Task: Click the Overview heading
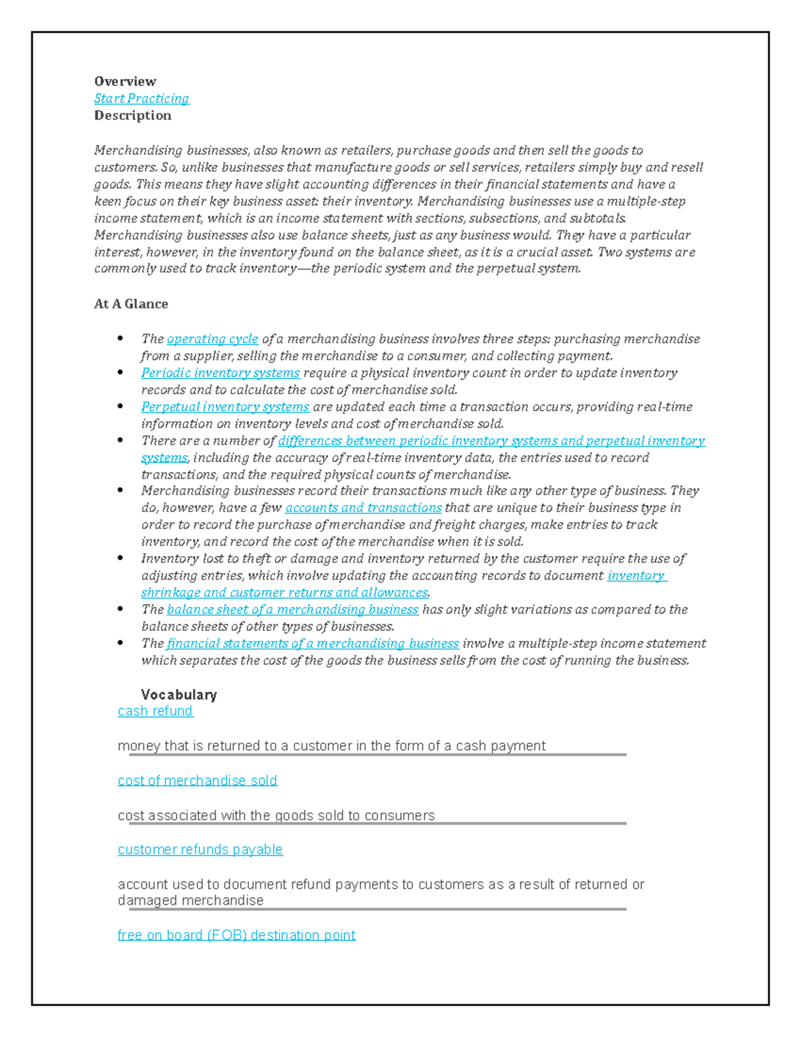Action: pyautogui.click(x=125, y=81)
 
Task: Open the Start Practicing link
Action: pyautogui.click(x=142, y=99)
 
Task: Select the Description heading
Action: pyautogui.click(x=132, y=116)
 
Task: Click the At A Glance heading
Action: pyautogui.click(x=131, y=304)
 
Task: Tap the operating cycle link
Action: pyautogui.click(x=212, y=339)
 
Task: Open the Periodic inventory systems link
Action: pyautogui.click(x=220, y=373)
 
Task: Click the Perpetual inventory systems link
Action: pyautogui.click(x=225, y=407)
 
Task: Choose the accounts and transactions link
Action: pyautogui.click(x=363, y=508)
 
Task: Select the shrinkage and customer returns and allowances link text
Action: pyautogui.click(x=284, y=593)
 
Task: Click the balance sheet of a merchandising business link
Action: pyautogui.click(x=292, y=610)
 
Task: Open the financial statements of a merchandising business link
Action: pyautogui.click(x=312, y=644)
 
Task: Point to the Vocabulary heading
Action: pyautogui.click(x=179, y=694)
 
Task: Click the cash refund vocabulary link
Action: pyautogui.click(x=155, y=711)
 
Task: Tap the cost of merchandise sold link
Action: pyautogui.click(x=197, y=781)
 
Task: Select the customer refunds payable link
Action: pyautogui.click(x=200, y=849)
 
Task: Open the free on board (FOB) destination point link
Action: pyautogui.click(x=236, y=935)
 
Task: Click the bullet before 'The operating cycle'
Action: pyautogui.click(x=120, y=339)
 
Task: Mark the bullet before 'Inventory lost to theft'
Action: pyautogui.click(x=120, y=558)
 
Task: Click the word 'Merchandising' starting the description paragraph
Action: pyautogui.click(x=138, y=150)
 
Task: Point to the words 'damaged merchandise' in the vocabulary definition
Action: pyautogui.click(x=190, y=901)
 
